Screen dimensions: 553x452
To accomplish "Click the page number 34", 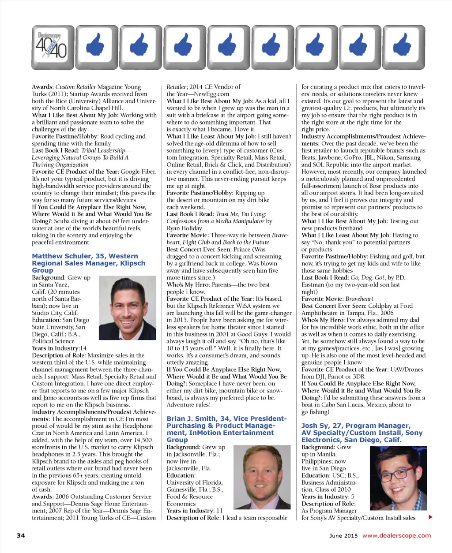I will coord(21,535).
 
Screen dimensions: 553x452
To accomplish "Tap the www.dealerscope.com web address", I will coord(396,535).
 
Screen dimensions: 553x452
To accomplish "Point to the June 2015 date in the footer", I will coord(343,535).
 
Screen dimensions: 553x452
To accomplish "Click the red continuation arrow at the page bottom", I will coord(430,517).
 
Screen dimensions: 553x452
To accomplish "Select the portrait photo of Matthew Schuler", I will coord(127,307).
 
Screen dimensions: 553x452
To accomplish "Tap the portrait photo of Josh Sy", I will coord(398,478).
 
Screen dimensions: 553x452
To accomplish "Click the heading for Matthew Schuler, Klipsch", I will coord(88,263).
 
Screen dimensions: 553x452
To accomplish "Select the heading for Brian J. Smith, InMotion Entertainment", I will coord(226,429).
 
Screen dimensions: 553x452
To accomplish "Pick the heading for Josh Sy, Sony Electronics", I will coord(362,433).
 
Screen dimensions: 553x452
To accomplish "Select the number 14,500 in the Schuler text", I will coord(142,440).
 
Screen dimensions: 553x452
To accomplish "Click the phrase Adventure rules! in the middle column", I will coord(188,404).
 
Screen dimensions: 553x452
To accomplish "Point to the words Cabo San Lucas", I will coord(348,404).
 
